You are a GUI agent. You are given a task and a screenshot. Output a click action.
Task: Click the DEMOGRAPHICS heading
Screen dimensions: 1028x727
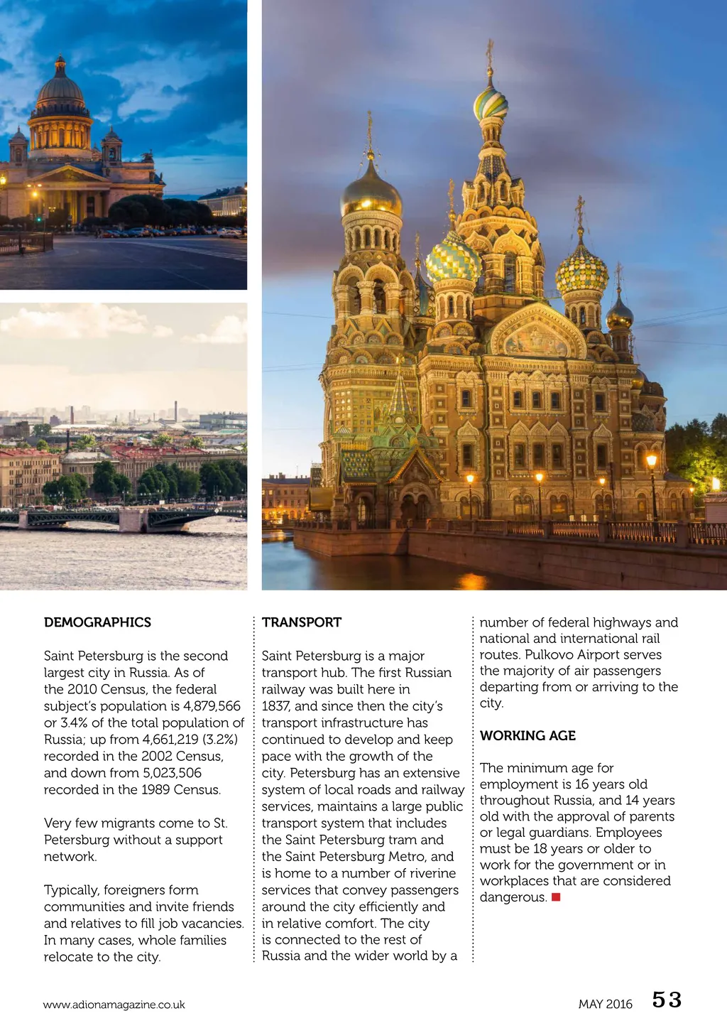coord(97,622)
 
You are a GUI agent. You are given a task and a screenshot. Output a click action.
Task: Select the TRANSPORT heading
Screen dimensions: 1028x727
coord(302,622)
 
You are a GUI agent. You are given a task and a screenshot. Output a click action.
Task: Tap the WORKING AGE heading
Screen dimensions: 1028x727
coord(528,735)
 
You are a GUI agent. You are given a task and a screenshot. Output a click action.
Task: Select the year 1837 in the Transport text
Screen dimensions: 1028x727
coord(275,706)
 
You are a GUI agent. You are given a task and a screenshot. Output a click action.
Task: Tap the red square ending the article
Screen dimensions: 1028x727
coord(556,897)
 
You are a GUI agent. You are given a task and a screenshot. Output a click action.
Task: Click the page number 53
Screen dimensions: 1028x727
coord(667,1000)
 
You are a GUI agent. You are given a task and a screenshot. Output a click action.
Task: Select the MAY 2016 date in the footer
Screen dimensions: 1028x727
coord(605,1004)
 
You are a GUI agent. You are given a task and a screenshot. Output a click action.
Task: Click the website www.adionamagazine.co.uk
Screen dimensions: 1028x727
coord(114,1005)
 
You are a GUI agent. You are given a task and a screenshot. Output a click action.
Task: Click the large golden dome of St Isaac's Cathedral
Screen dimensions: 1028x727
coord(60,89)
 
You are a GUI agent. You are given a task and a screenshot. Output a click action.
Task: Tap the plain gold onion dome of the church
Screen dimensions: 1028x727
coord(371,193)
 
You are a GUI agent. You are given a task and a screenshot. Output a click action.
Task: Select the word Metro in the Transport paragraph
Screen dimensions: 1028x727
coord(407,857)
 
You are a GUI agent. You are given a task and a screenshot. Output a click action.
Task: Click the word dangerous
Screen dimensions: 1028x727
coord(513,897)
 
